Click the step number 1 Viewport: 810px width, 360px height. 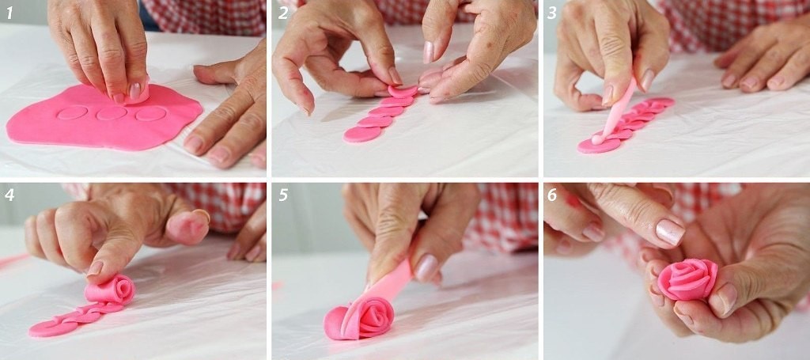click(9, 13)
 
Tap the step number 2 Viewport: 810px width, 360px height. click(283, 13)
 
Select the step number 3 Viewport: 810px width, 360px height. click(552, 13)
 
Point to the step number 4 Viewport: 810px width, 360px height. click(9, 195)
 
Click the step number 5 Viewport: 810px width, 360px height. click(283, 195)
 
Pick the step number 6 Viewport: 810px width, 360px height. click(552, 195)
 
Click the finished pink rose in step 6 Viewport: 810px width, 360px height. click(687, 279)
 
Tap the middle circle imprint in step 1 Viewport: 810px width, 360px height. click(112, 113)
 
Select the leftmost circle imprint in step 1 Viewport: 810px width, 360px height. click(72, 112)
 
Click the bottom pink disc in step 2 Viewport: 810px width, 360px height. click(362, 135)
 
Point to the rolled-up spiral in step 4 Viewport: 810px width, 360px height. click(110, 290)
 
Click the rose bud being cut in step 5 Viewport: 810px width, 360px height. click(359, 318)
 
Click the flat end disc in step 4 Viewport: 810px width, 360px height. click(50, 328)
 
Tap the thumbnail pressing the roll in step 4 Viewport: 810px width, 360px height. click(95, 267)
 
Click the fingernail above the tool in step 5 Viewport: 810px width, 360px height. click(427, 268)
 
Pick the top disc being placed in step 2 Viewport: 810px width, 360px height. click(403, 92)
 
